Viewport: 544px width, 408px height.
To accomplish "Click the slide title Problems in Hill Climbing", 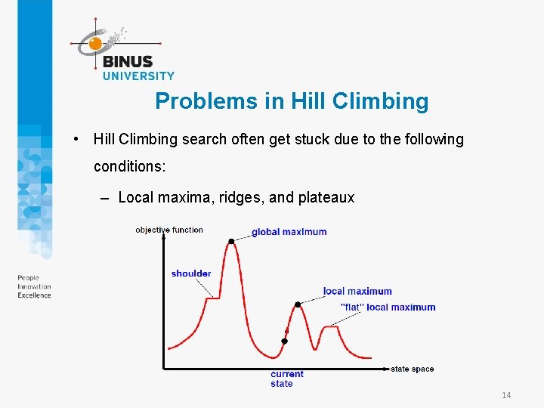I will click(292, 101).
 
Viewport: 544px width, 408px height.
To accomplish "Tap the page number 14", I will click(506, 395).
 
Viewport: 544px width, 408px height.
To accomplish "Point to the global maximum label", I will click(289, 232).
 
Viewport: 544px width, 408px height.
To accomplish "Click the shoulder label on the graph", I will click(191, 274).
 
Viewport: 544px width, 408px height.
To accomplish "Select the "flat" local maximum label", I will click(388, 308).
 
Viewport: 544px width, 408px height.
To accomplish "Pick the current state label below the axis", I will click(286, 379).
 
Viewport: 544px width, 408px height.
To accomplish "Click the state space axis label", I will click(412, 369).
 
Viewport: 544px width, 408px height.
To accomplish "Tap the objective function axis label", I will click(169, 230).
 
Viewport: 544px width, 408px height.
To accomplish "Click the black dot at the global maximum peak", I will click(231, 241).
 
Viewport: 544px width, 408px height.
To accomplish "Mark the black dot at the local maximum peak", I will click(298, 304).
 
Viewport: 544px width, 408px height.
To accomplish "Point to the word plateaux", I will click(326, 197).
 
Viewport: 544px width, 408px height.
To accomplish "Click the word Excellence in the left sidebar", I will click(34, 295).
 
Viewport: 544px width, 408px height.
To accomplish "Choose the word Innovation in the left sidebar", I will click(34, 287).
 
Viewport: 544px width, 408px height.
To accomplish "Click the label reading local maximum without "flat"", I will click(357, 292).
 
